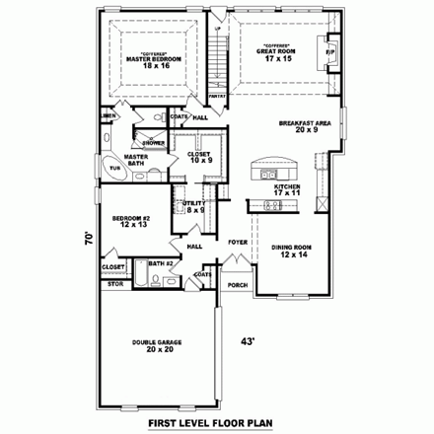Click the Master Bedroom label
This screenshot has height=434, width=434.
(x=150, y=60)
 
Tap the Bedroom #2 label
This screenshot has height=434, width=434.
(x=130, y=222)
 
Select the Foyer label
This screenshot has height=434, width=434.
(x=237, y=240)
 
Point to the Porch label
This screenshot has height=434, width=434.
(x=237, y=285)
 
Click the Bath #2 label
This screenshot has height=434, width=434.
(x=161, y=264)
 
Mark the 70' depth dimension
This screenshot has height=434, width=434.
(x=89, y=239)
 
